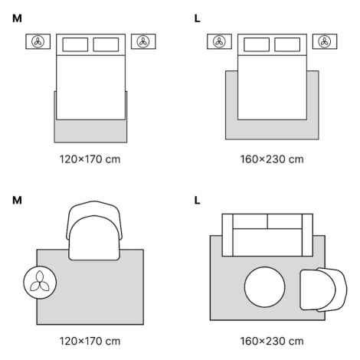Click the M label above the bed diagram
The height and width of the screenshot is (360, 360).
tap(17, 18)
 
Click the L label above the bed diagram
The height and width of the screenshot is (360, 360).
tap(197, 18)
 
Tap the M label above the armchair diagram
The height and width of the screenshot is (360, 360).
tap(17, 201)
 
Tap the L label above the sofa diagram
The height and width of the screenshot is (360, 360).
tap(197, 201)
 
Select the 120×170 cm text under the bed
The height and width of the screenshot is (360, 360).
tap(90, 159)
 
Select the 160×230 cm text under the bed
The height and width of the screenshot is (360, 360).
tap(272, 159)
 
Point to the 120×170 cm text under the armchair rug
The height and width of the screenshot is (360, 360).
tap(90, 341)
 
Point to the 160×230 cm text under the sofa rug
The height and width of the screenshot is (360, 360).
tap(272, 341)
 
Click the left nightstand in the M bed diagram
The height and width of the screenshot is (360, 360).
tap(38, 41)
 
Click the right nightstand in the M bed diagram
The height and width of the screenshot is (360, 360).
tap(143, 41)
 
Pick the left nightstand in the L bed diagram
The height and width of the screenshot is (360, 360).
tap(219, 41)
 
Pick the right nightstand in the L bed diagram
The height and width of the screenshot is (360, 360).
tap(325, 41)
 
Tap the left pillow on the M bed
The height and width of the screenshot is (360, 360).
tap(75, 44)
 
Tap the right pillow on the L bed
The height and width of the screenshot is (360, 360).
tap(287, 44)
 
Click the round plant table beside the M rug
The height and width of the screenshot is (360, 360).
tap(40, 283)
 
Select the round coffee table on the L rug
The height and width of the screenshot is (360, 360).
tap(264, 287)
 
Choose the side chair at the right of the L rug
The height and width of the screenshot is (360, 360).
tap(323, 290)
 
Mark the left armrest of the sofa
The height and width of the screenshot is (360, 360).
tap(227, 235)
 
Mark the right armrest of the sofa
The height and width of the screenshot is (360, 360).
tap(307, 235)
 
